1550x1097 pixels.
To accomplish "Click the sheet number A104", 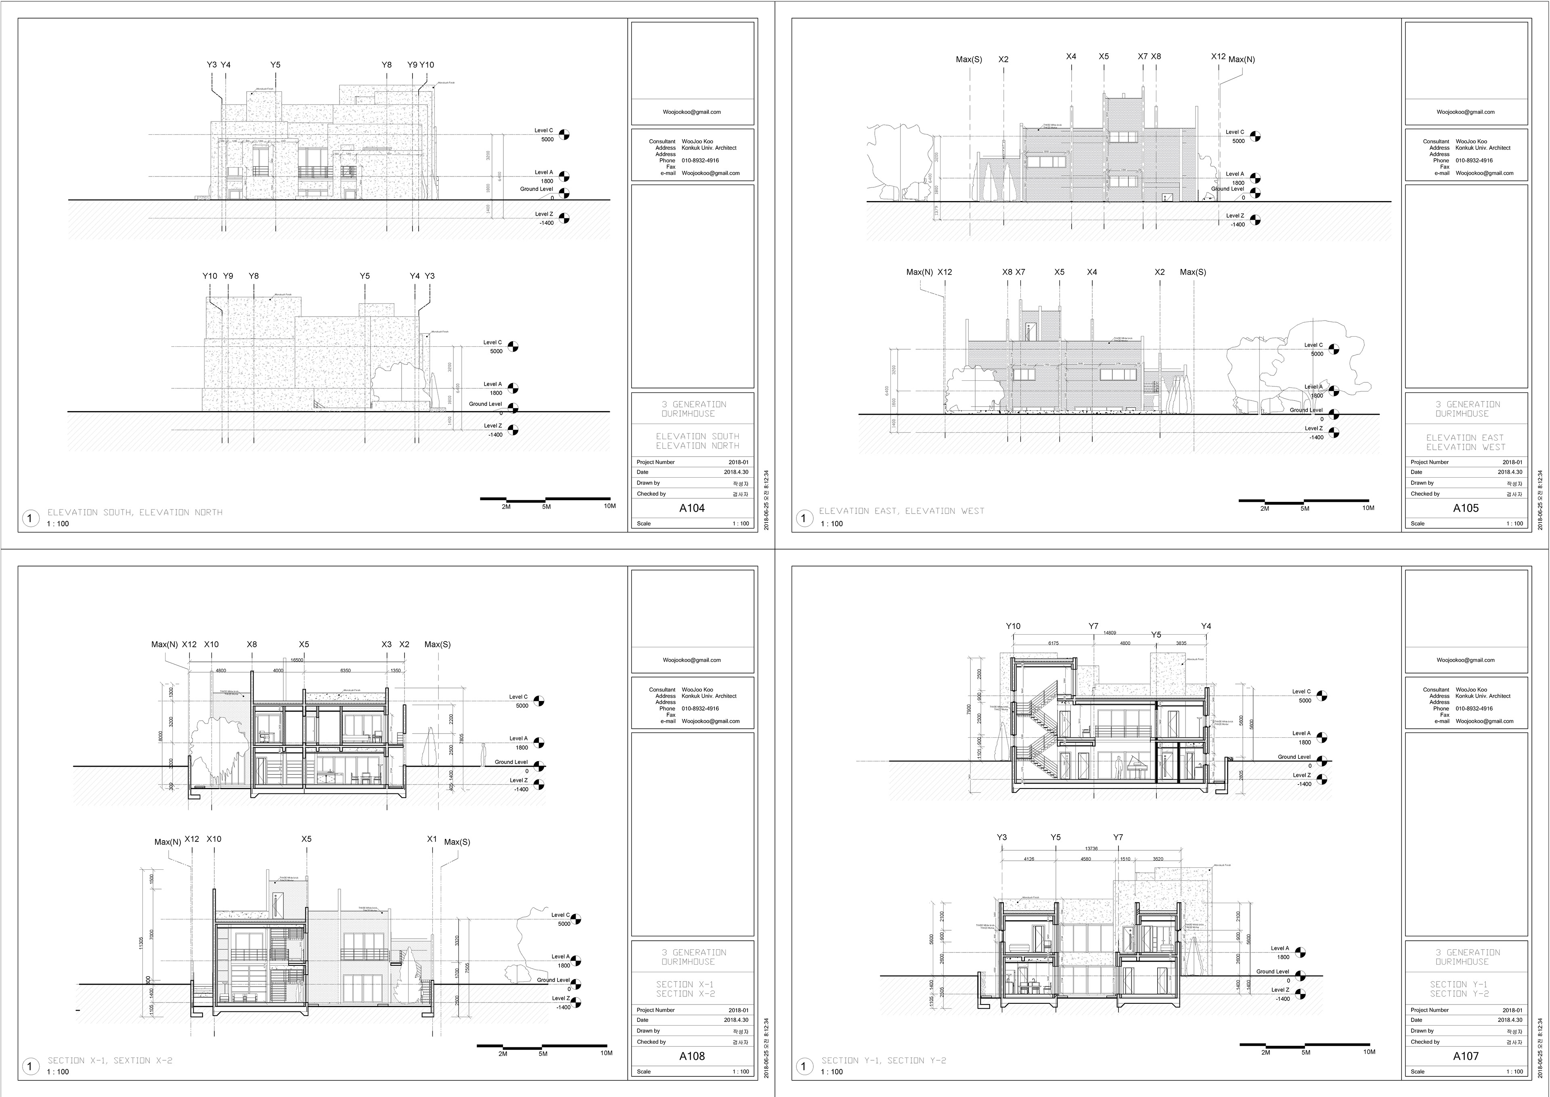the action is (691, 508).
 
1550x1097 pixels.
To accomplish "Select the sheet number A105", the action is (1466, 508).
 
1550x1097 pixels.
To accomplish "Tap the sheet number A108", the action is (691, 1056).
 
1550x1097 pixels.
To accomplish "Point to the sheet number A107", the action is (1466, 1056).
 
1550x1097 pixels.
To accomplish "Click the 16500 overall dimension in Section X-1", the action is (297, 660).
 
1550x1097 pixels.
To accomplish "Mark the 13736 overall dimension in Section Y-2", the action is (1091, 848).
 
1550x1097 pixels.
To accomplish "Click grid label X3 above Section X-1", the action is (386, 644).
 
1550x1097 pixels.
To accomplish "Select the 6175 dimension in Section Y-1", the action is (1053, 643).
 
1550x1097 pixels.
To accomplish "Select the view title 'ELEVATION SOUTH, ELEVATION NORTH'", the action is (135, 512).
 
